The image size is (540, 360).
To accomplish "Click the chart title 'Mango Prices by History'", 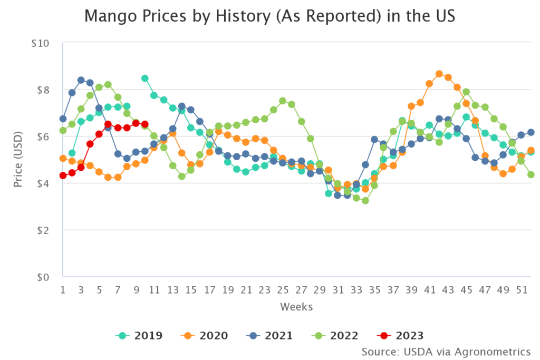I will [x=269, y=17].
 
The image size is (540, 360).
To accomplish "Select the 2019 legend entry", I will [x=140, y=335].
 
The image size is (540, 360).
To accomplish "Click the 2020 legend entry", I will [x=206, y=335].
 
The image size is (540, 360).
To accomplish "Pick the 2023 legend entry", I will [x=401, y=335].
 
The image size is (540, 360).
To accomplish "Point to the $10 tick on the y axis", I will [x=40, y=43].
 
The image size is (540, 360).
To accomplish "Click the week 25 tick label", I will [x=283, y=289].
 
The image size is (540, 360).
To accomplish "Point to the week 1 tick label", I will [x=63, y=289].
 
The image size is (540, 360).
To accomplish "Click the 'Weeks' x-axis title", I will [x=296, y=307].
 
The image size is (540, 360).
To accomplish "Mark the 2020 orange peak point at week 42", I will [x=439, y=74].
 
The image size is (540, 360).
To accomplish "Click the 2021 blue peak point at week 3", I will [x=81, y=80].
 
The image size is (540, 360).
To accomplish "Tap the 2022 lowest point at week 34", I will [x=365, y=201].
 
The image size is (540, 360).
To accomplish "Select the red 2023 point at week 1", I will [x=63, y=176].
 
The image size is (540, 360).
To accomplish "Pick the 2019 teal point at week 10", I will [x=144, y=78].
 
